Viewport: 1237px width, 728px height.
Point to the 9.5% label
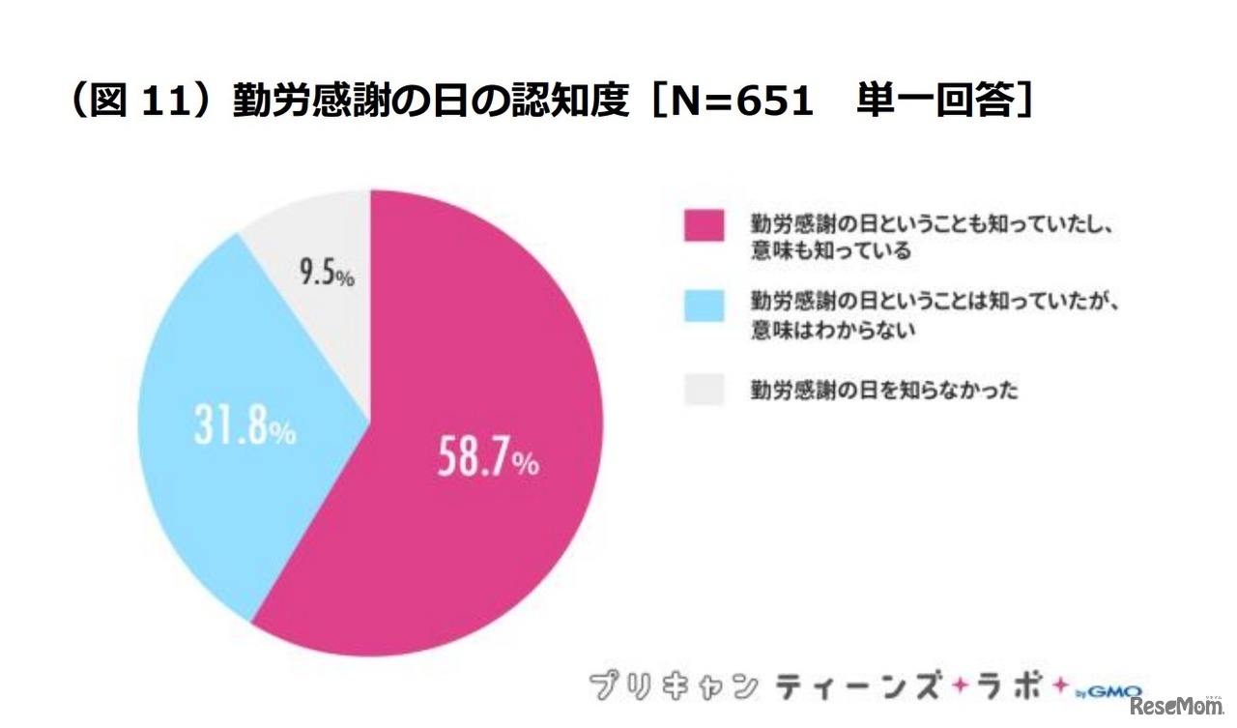tap(326, 274)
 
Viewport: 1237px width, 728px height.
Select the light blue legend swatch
tap(704, 306)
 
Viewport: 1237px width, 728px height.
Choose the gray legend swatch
tap(704, 391)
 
